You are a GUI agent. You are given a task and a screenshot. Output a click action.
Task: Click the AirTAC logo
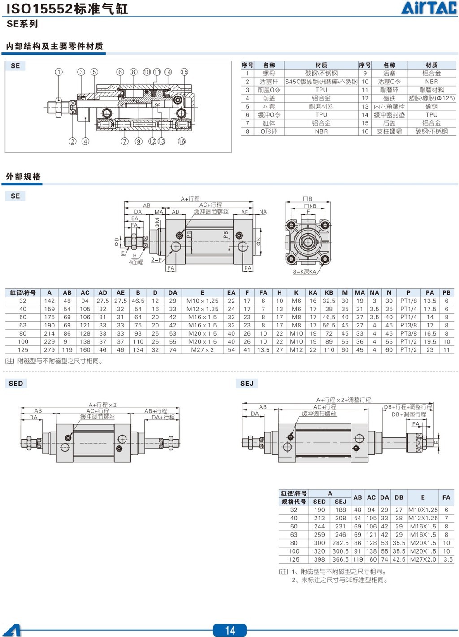point(429,8)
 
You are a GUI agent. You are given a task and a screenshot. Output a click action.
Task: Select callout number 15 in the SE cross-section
point(184,72)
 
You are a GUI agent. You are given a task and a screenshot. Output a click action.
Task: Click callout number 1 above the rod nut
point(59,72)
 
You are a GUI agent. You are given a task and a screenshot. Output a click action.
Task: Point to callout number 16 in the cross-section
point(182,141)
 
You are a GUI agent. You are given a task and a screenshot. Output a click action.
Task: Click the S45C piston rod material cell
point(321,82)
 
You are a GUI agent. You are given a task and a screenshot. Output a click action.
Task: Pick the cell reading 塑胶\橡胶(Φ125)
point(431,98)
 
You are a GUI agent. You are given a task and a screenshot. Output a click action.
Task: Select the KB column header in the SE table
point(329,292)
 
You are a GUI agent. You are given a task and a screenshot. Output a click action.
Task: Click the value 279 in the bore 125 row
point(49,350)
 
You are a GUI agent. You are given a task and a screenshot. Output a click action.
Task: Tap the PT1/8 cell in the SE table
point(408,301)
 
